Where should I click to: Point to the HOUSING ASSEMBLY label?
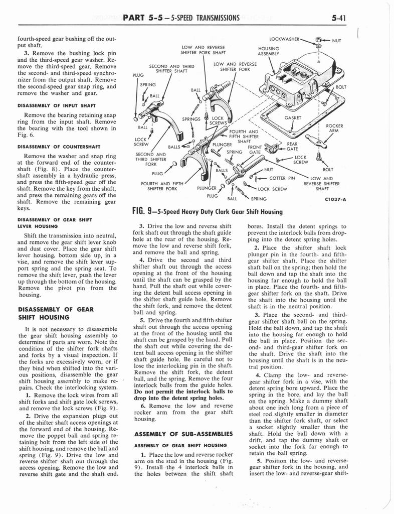(x=268, y=51)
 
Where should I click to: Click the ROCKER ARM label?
(x=334, y=128)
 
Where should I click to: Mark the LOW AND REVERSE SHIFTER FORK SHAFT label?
(x=203, y=50)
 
